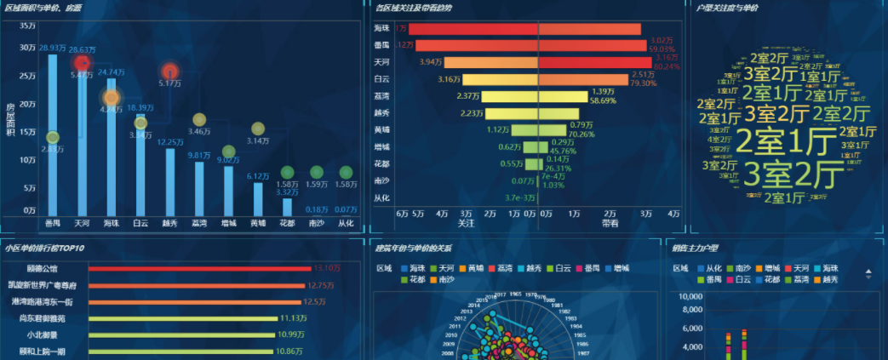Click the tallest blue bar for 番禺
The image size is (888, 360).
[x=53, y=136]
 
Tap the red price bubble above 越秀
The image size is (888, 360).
[x=170, y=71]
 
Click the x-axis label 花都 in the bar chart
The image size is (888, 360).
[x=287, y=223]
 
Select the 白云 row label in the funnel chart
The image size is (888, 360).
[x=381, y=78]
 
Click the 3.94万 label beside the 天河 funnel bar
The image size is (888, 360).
[x=431, y=62]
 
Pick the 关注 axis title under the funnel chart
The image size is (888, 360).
[x=466, y=223]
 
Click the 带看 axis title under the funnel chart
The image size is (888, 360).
[x=610, y=223]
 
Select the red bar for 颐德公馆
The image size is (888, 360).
[x=199, y=268]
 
